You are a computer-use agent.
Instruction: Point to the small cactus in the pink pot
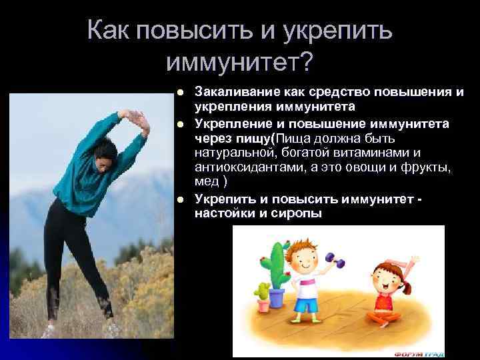click(263, 293)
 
